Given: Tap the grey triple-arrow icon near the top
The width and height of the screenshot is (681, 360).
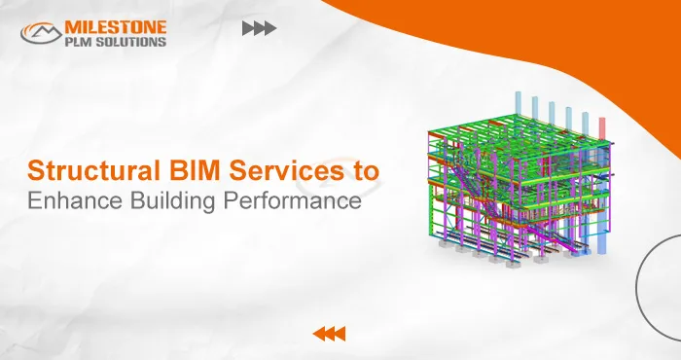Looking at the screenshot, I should pyautogui.click(x=258, y=29).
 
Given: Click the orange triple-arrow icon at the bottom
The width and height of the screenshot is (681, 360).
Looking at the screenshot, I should pyautogui.click(x=329, y=335).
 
